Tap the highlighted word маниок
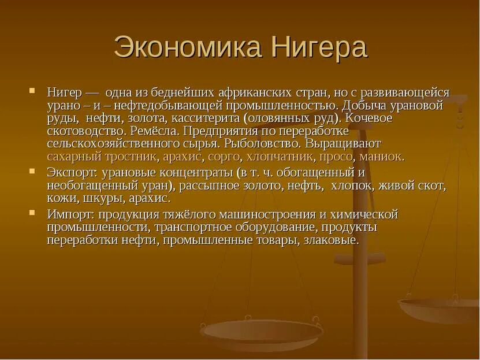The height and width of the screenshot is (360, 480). click(x=381, y=157)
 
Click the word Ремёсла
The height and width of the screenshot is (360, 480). click(x=157, y=131)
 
